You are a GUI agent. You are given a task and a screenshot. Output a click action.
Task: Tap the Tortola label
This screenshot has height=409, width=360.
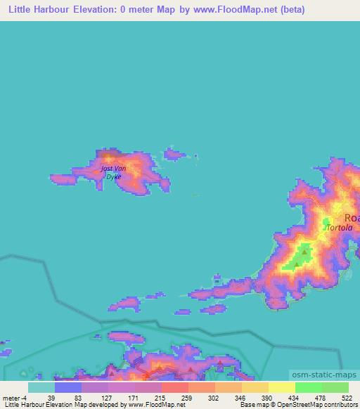340,228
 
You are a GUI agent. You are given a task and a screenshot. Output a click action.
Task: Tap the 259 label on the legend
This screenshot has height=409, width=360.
187,398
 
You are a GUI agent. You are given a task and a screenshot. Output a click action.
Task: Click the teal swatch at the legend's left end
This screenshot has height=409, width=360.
41,387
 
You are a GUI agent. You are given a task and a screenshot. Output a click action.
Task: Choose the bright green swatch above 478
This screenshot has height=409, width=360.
308,387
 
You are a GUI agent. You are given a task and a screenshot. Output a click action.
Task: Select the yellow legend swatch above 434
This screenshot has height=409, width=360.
281,387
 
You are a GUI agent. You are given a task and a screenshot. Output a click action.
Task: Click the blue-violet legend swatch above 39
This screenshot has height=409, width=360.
67,387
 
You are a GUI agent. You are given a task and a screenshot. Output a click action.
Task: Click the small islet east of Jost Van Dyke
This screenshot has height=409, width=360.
174,154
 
